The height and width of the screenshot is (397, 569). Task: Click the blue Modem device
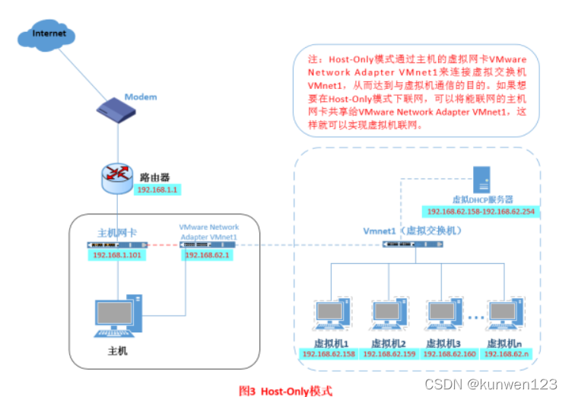pyautogui.click(x=119, y=111)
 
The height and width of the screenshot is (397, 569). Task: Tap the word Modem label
pyautogui.click(x=141, y=97)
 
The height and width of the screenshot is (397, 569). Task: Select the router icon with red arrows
pyautogui.click(x=118, y=176)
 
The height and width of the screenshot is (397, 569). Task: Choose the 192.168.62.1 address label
pyautogui.click(x=207, y=256)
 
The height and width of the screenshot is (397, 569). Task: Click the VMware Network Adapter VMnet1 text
pyautogui.click(x=208, y=232)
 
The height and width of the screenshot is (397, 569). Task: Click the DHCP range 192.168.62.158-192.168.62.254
pyautogui.click(x=481, y=211)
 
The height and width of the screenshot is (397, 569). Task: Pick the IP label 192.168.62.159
pyautogui.click(x=389, y=354)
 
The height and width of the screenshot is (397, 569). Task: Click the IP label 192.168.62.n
pyautogui.click(x=510, y=354)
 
